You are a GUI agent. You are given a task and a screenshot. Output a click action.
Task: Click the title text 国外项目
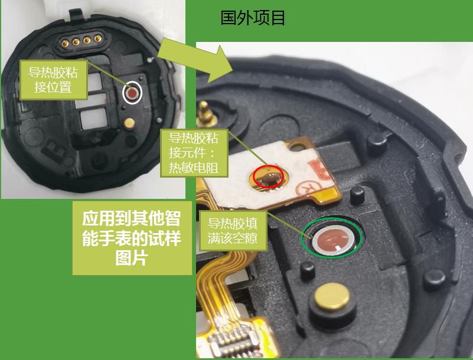click(253, 18)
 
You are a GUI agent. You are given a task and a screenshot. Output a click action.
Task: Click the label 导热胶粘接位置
click(53, 80)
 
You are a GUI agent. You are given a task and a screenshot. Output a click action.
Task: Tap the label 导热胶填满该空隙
click(233, 231)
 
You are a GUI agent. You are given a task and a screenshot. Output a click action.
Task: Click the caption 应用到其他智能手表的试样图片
click(131, 237)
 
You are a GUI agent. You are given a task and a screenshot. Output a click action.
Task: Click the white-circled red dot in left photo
click(132, 93)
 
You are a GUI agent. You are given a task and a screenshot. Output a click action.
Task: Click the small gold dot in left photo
click(128, 122)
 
